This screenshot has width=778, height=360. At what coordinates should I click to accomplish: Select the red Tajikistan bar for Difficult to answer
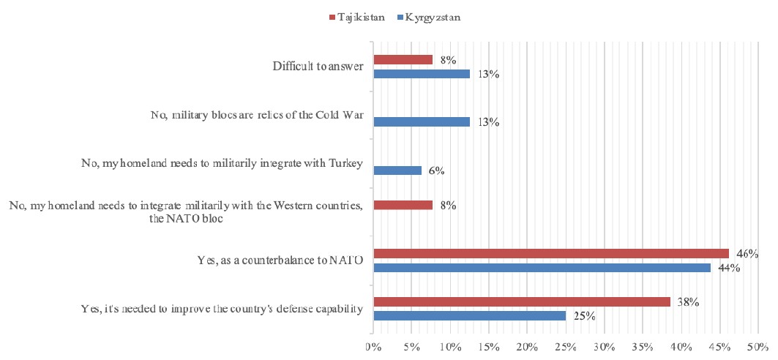[x=403, y=59]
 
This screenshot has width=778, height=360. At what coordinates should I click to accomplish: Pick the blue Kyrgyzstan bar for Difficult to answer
[x=422, y=73]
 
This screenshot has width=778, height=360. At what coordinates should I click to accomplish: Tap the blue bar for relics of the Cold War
[x=422, y=121]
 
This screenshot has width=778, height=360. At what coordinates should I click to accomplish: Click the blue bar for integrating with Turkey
[x=397, y=170]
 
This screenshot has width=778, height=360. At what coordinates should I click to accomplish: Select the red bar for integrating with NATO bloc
[x=403, y=205]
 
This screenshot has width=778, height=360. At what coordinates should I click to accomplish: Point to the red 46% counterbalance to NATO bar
[x=551, y=253]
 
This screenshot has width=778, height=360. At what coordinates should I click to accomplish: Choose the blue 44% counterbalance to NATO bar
[x=542, y=267]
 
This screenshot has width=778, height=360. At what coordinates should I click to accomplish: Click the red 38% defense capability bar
[x=522, y=301]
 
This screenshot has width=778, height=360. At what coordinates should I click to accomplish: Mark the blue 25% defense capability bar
[x=469, y=315]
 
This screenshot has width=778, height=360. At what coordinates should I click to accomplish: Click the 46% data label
[x=747, y=253]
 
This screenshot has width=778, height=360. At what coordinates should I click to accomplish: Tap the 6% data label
[x=437, y=170]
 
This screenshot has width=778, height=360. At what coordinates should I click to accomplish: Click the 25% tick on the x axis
[x=566, y=344]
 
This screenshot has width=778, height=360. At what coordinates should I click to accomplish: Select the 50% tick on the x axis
[x=758, y=344]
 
